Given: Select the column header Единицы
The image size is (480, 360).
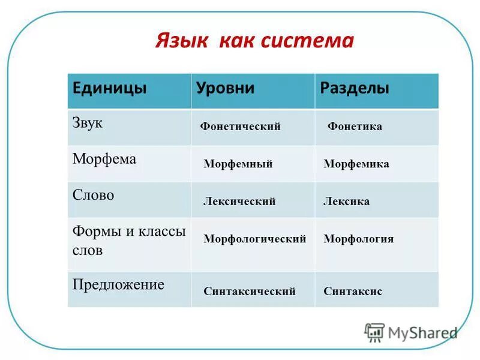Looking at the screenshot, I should pyautogui.click(x=110, y=88).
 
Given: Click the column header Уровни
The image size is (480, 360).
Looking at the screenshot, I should pyautogui.click(x=226, y=88).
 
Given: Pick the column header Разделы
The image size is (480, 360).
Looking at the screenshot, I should pyautogui.click(x=355, y=88).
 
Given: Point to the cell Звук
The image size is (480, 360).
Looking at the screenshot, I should pyautogui.click(x=88, y=122).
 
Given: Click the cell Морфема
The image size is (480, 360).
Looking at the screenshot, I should pyautogui.click(x=104, y=159).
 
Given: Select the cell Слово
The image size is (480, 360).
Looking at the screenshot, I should pyautogui.click(x=93, y=196).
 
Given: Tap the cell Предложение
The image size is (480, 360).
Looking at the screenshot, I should pyautogui.click(x=118, y=284).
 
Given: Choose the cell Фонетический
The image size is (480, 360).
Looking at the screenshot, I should pyautogui.click(x=240, y=127).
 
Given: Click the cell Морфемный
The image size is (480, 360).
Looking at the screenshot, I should pyautogui.click(x=238, y=164).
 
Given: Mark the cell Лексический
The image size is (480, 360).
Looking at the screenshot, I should pyautogui.click(x=239, y=202).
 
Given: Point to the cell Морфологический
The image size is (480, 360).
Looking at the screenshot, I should pyautogui.click(x=254, y=239).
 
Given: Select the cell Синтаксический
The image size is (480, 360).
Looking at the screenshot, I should pyautogui.click(x=250, y=292).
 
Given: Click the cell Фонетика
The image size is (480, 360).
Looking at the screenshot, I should pyautogui.click(x=355, y=127).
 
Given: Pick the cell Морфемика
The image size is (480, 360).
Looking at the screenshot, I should pyautogui.click(x=356, y=164).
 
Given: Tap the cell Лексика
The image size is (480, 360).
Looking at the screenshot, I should pyautogui.click(x=346, y=202).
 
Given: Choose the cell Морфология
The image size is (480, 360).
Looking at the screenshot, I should pyautogui.click(x=358, y=239).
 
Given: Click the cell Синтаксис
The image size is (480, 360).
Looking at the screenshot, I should pyautogui.click(x=353, y=292).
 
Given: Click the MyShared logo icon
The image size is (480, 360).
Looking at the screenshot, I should pyautogui.click(x=374, y=332).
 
